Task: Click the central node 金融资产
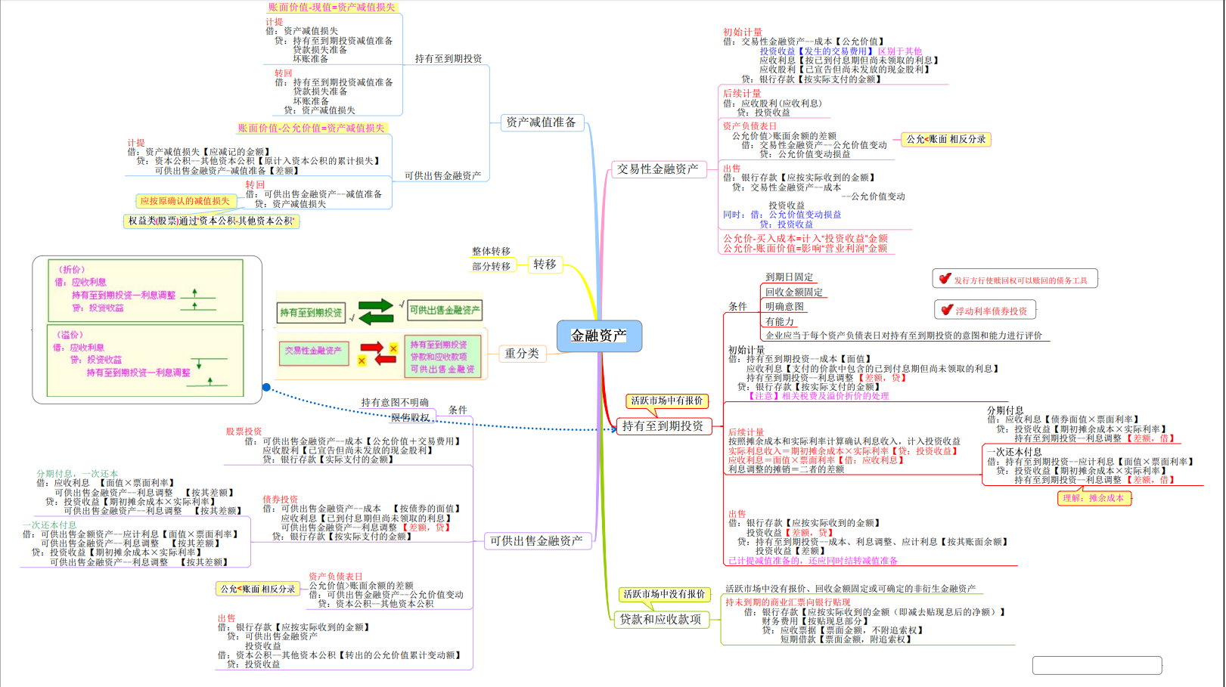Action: click(x=599, y=336)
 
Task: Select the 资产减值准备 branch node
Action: click(x=541, y=122)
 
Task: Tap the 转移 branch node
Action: click(x=545, y=265)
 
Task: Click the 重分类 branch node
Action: click(x=522, y=353)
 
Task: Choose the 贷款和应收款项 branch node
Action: click(x=660, y=619)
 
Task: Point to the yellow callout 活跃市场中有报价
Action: click(x=666, y=401)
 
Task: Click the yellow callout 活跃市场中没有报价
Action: click(x=664, y=594)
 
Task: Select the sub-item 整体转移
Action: click(x=491, y=251)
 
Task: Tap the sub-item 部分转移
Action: click(x=491, y=266)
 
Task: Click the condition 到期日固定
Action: click(x=789, y=277)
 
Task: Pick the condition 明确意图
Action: click(x=784, y=307)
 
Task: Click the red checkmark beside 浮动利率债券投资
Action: click(x=947, y=310)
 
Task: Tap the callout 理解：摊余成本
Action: click(x=1093, y=498)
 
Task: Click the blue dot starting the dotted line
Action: click(x=266, y=387)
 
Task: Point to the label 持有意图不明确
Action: click(x=395, y=402)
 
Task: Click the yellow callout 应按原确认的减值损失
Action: click(x=185, y=201)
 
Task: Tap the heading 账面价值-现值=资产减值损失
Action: click(x=331, y=8)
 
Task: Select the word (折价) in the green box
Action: click(x=72, y=269)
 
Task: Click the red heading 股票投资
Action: click(x=244, y=432)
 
